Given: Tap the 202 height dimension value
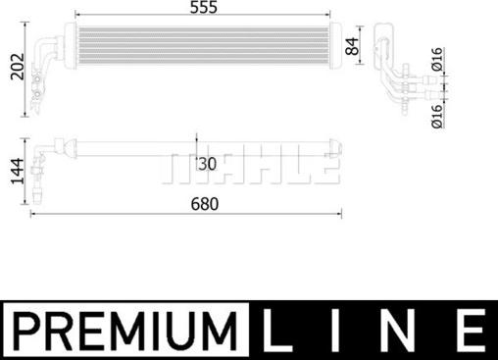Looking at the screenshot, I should click(13, 66).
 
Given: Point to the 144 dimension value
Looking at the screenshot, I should click(13, 173).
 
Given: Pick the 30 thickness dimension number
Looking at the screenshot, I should click(206, 162).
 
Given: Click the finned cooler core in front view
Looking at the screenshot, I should click(201, 43).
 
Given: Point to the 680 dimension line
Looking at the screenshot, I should click(186, 215).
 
